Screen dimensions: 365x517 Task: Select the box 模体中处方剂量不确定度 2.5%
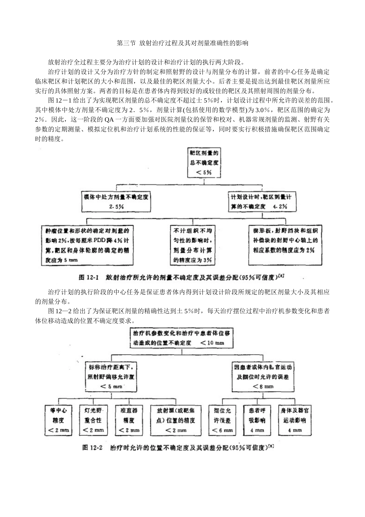click(119, 201)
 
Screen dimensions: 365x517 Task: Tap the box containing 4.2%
click(263, 201)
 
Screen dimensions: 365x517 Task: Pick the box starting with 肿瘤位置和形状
click(87, 245)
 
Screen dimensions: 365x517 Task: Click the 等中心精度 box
click(59, 420)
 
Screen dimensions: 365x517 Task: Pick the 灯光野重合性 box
click(93, 420)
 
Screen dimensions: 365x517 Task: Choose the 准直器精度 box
click(128, 420)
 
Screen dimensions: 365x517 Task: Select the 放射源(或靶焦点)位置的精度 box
click(176, 420)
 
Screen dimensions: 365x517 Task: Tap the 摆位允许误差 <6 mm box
click(222, 420)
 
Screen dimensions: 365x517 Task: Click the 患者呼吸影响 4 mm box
click(257, 420)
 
